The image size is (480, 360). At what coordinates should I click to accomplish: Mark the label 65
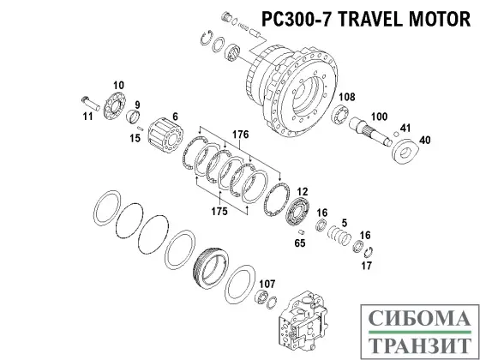[300, 243]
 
